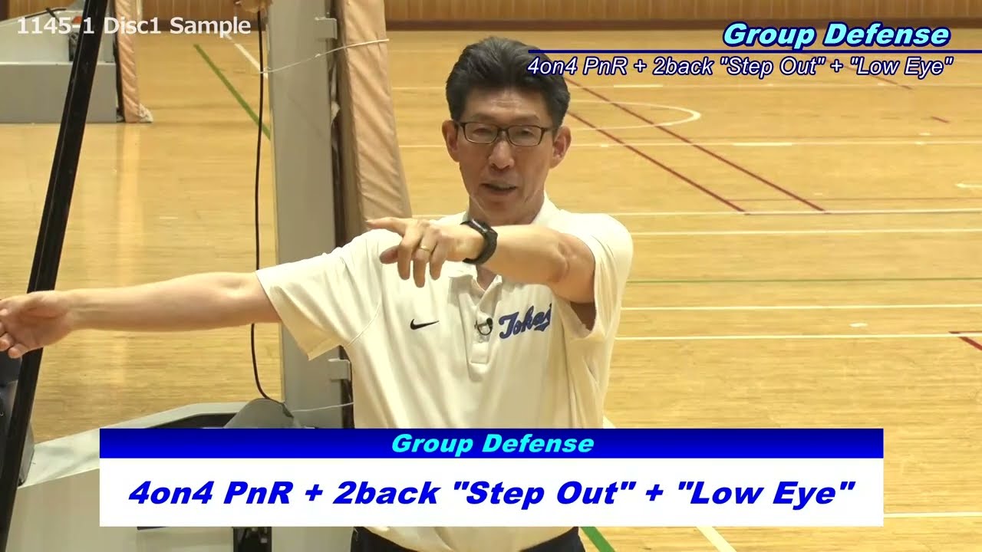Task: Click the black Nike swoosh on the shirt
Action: pyautogui.click(x=423, y=324)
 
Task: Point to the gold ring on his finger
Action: pyautogui.click(x=424, y=248)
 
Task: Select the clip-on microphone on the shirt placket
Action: pyautogui.click(x=483, y=327)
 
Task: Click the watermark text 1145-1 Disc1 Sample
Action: pyautogui.click(x=133, y=25)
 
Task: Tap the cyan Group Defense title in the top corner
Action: pyautogui.click(x=835, y=34)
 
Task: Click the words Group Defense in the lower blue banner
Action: pyautogui.click(x=492, y=444)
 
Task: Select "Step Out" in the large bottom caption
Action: pyautogui.click(x=541, y=492)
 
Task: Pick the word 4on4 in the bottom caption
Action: pyautogui.click(x=170, y=492)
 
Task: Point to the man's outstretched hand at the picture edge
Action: pyautogui.click(x=23, y=322)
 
